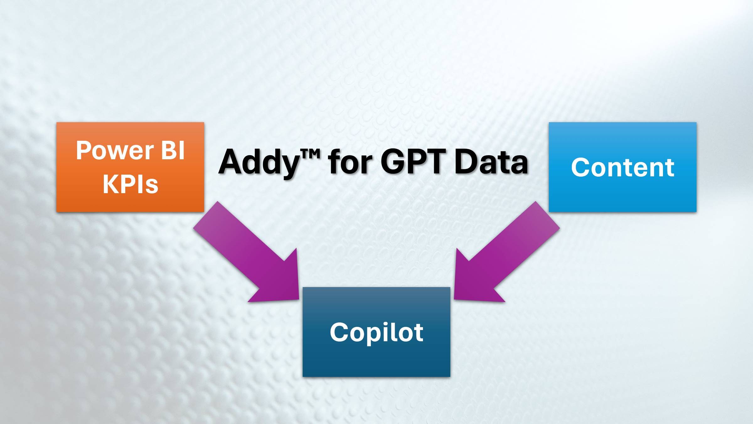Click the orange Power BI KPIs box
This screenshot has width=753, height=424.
[130, 167]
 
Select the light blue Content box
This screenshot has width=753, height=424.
[622, 167]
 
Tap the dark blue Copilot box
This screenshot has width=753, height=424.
[376, 332]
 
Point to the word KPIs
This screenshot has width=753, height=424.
[131, 184]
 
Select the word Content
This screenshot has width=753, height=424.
[622, 167]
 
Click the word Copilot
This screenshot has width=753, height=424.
[376, 333]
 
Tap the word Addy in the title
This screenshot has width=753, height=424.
[259, 162]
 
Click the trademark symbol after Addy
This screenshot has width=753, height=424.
[310, 154]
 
